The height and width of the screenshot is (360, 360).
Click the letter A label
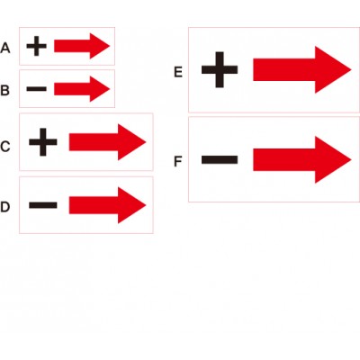coord(5,48)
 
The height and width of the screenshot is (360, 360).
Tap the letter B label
coord(4,90)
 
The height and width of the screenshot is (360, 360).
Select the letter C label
coord(5,147)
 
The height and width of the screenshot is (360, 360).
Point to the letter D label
coord(5,207)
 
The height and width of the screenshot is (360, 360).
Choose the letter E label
coord(178,72)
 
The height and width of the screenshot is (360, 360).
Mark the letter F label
coord(178,161)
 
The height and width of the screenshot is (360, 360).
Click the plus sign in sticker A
coord(37,46)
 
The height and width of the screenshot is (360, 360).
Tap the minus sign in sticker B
coord(37,89)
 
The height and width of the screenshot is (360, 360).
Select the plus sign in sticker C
coord(43,142)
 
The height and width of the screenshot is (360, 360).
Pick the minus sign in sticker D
coord(43,205)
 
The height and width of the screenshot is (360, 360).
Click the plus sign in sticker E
coord(220,70)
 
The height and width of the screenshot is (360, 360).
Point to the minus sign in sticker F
coord(220,160)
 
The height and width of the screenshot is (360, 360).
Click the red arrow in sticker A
coord(82,46)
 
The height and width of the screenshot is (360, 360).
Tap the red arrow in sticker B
coord(82,89)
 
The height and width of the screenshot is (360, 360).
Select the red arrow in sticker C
coord(107,142)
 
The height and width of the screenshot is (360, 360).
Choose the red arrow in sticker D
coord(107,205)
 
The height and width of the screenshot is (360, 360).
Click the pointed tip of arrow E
coord(351,70)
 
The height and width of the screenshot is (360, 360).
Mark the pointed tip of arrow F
coord(351,160)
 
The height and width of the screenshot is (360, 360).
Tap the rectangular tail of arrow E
coord(284,70)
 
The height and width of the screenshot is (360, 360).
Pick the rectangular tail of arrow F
coord(284,160)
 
